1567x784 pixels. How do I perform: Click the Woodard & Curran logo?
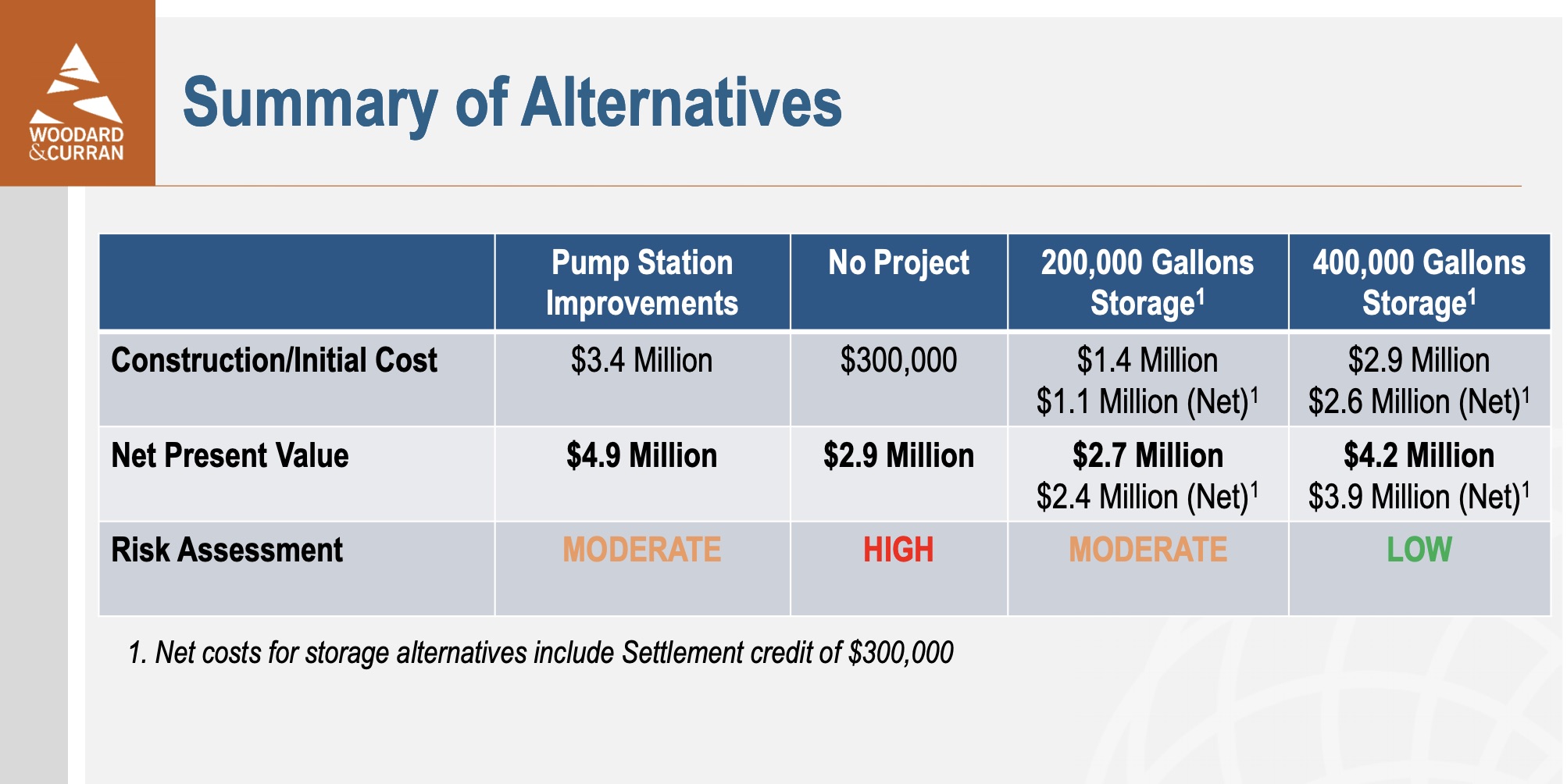click(77, 102)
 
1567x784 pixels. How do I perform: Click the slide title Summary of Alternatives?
click(512, 103)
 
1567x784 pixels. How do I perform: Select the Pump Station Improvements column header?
click(642, 283)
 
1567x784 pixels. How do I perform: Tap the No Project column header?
click(898, 263)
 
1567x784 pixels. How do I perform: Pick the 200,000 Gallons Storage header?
click(1148, 283)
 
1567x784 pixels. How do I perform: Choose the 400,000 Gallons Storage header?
click(1419, 283)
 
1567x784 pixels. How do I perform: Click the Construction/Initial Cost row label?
click(274, 361)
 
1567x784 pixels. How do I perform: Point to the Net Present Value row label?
click(230, 455)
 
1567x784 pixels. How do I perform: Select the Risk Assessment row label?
click(227, 550)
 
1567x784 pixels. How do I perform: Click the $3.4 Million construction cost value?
click(641, 361)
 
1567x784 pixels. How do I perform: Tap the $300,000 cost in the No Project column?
click(898, 361)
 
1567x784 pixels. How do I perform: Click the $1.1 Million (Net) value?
click(1148, 401)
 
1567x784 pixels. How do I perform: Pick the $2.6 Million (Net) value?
click(1419, 401)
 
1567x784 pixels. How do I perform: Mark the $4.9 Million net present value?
click(641, 455)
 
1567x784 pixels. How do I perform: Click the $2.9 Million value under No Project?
click(898, 455)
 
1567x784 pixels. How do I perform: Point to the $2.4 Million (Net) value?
click(1148, 497)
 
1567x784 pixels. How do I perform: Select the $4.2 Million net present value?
click(1419, 455)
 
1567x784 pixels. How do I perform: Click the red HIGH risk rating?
click(898, 550)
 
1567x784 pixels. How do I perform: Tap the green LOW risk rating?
click(1419, 550)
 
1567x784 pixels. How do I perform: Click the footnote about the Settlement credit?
click(541, 653)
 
